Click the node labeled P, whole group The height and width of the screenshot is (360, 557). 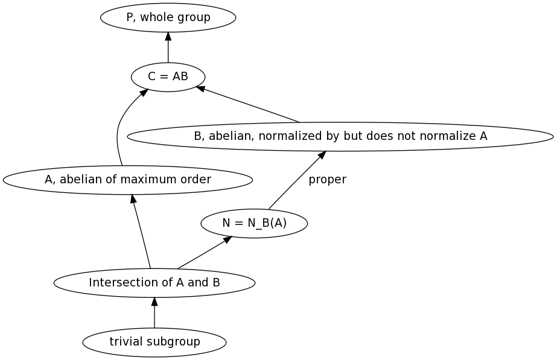[168, 17]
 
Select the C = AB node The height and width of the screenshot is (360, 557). [168, 77]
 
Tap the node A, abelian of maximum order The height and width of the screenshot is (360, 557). [127, 179]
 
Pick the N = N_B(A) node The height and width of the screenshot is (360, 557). [254, 223]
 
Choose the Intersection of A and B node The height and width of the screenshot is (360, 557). [154, 282]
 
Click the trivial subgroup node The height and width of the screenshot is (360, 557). [154, 342]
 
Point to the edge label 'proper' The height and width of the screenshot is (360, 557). [327, 180]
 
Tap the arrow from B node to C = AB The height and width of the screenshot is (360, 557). [247, 104]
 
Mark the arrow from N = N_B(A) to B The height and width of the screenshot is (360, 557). [296, 181]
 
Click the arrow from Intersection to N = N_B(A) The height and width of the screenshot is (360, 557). [204, 253]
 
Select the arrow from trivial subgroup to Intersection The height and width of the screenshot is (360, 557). [154, 312]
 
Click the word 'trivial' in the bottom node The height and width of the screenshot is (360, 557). [124, 342]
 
